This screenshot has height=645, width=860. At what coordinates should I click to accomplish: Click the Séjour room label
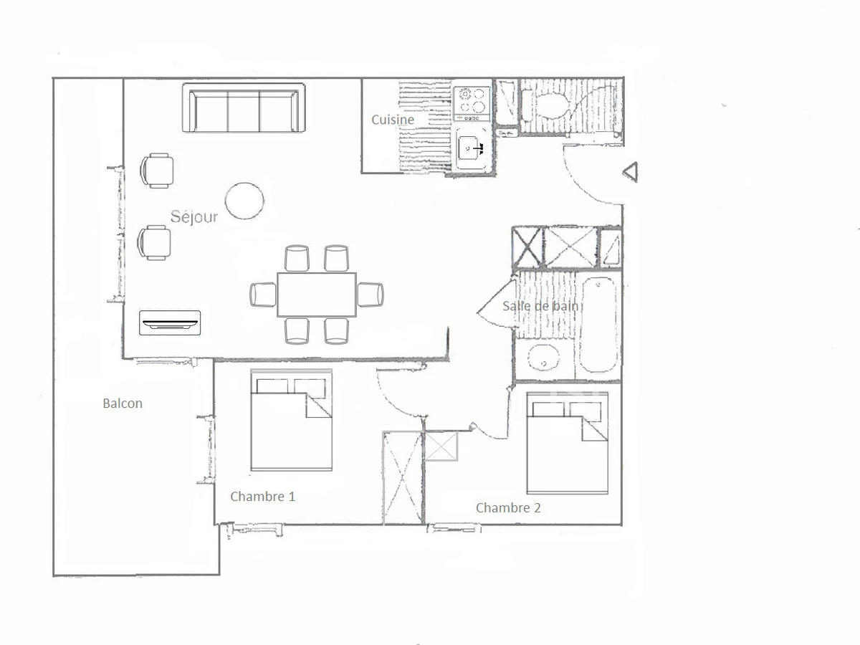coord(194,216)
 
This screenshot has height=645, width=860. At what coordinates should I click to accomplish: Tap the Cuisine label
coord(392,120)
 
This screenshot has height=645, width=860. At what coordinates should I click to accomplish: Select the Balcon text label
coord(123,403)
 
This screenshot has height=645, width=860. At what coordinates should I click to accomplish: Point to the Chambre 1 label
coord(262,496)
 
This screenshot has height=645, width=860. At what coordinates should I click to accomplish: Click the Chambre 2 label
coord(508,508)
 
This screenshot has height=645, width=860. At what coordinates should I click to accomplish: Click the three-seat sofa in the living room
coord(244,109)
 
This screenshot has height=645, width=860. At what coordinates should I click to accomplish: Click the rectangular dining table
coord(317,295)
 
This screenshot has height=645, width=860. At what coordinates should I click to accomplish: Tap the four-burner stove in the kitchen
coord(472,102)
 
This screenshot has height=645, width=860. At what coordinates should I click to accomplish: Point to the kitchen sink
coord(472,148)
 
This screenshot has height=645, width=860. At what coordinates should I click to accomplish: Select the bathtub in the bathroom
coord(598,325)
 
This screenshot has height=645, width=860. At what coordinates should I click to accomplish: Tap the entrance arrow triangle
coord(630,172)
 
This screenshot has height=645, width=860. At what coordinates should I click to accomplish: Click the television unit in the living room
coord(170,322)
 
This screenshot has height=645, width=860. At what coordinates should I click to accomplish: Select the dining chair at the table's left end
coord(263,294)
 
